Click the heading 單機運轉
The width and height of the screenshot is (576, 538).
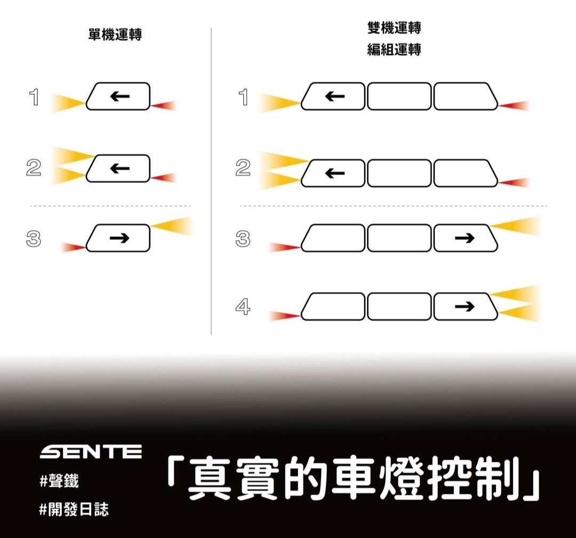[115, 35]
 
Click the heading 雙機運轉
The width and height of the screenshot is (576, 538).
[394, 28]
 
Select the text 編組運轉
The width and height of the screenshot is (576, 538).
[394, 49]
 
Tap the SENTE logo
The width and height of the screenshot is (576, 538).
[91, 452]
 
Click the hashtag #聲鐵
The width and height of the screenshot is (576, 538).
[59, 481]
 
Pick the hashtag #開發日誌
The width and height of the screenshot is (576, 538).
[74, 509]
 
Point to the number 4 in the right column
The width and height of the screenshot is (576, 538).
[243, 307]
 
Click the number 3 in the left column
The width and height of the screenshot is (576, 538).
[34, 238]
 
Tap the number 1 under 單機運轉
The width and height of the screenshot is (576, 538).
[34, 97]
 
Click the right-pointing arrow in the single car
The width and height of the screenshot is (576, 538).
[119, 238]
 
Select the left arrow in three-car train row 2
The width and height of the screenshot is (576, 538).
[334, 173]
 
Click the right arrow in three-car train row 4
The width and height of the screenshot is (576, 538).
[465, 306]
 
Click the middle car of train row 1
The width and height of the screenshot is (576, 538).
[399, 97]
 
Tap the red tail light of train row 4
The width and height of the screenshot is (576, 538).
[285, 315]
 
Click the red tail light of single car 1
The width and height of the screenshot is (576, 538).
[164, 106]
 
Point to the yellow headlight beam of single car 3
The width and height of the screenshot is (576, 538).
[172, 225]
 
